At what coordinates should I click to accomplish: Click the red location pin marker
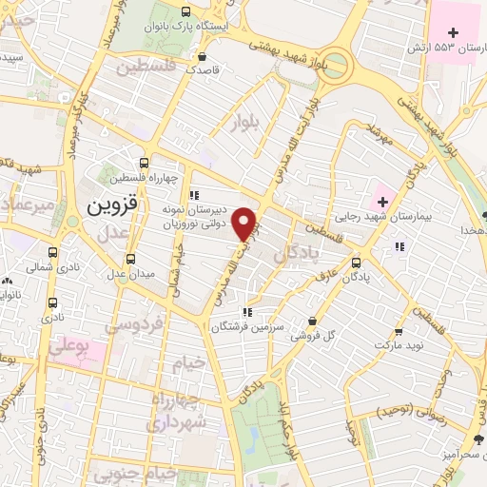click(x=244, y=223)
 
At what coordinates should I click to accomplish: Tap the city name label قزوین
click(x=113, y=204)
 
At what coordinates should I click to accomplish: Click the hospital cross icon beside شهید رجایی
click(x=383, y=201)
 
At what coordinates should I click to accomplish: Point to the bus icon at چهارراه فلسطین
click(x=144, y=163)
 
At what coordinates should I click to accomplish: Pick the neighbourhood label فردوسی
click(x=131, y=326)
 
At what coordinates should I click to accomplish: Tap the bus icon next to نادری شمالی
click(x=52, y=253)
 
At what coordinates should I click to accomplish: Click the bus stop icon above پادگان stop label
click(x=356, y=263)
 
